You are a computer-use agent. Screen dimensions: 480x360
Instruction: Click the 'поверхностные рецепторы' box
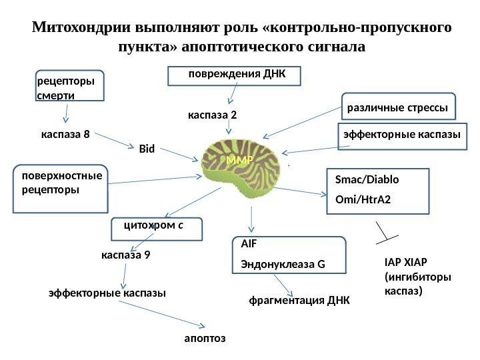coord(61,189)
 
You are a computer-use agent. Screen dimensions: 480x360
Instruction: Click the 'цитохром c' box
coord(156,227)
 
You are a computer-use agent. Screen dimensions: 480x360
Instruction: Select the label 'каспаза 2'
coord(213,115)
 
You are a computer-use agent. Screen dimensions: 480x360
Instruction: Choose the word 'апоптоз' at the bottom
coord(205,339)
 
